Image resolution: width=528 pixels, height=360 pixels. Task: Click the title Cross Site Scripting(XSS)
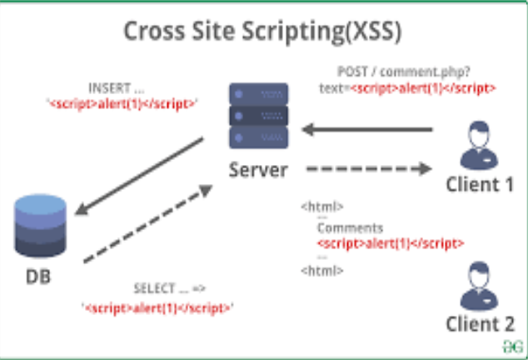click(x=263, y=32)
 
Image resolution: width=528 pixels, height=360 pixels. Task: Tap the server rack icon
click(x=258, y=116)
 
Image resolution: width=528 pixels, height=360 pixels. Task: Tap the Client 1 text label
click(x=480, y=184)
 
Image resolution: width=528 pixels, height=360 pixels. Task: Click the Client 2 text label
click(x=480, y=324)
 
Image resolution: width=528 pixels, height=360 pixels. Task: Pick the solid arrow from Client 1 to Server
click(x=367, y=129)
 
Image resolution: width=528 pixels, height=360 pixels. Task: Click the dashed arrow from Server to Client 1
click(x=367, y=169)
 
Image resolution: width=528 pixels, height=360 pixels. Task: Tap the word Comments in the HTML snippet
click(x=350, y=227)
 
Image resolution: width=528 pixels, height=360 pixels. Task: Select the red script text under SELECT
click(x=157, y=307)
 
